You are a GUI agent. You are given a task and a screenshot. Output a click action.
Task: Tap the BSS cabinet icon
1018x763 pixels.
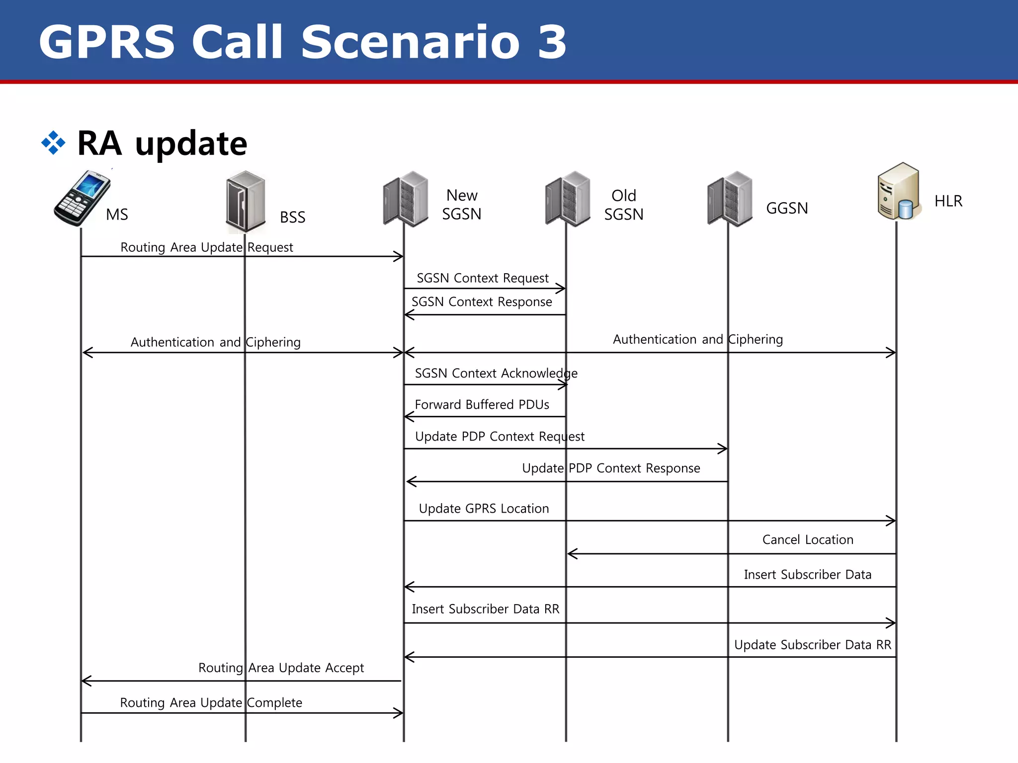[246, 202]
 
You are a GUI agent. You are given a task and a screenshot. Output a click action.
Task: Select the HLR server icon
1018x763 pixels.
[899, 192]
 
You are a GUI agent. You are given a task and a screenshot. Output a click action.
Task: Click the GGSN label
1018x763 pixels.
[787, 208]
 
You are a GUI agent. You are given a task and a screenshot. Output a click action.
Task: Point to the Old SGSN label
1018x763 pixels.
[623, 205]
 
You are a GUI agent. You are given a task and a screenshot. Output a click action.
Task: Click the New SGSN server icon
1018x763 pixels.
[406, 199]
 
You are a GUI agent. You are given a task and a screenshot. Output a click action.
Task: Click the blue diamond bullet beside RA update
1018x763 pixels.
[53, 143]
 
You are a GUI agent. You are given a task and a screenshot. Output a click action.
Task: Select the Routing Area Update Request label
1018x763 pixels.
[207, 247]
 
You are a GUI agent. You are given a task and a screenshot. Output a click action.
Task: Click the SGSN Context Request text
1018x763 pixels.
[482, 278]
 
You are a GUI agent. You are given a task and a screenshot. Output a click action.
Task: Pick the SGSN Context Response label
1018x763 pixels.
[481, 302]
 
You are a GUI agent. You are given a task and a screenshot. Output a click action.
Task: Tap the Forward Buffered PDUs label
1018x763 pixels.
[482, 405]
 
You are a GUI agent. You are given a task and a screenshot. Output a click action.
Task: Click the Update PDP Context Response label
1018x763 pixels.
[611, 468]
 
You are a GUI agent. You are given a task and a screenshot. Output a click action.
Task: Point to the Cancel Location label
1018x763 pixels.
[808, 540]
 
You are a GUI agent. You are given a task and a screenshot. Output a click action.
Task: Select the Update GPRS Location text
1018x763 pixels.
[484, 509]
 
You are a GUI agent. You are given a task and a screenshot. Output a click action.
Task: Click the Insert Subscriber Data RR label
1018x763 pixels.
[485, 609]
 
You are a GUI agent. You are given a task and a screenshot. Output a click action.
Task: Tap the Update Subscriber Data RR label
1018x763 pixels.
[813, 645]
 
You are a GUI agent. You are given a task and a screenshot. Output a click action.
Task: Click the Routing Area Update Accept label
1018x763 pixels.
[281, 668]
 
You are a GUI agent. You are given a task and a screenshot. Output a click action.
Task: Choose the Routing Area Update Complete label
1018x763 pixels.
[211, 703]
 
